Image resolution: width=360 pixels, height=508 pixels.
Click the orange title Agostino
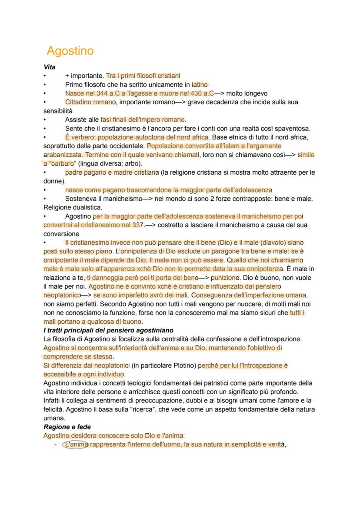(x=70, y=51)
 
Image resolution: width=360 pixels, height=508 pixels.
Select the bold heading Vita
(x=49, y=67)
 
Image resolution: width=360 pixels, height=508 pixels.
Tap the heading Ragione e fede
(x=67, y=427)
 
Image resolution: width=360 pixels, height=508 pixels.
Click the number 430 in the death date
(x=197, y=93)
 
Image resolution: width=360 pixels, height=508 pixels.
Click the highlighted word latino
(x=200, y=85)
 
